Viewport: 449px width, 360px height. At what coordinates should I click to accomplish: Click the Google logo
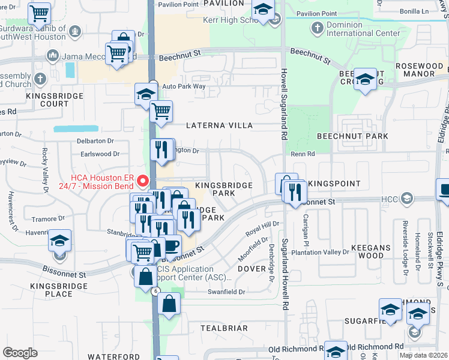(x=20, y=353)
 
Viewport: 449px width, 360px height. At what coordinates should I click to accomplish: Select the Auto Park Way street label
(x=184, y=86)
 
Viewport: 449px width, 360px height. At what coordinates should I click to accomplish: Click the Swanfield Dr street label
(x=226, y=292)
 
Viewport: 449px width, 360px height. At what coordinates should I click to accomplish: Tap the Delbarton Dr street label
(x=95, y=141)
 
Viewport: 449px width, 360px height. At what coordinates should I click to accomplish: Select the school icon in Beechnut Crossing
(x=365, y=80)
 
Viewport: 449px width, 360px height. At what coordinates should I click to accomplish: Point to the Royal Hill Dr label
(x=262, y=229)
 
